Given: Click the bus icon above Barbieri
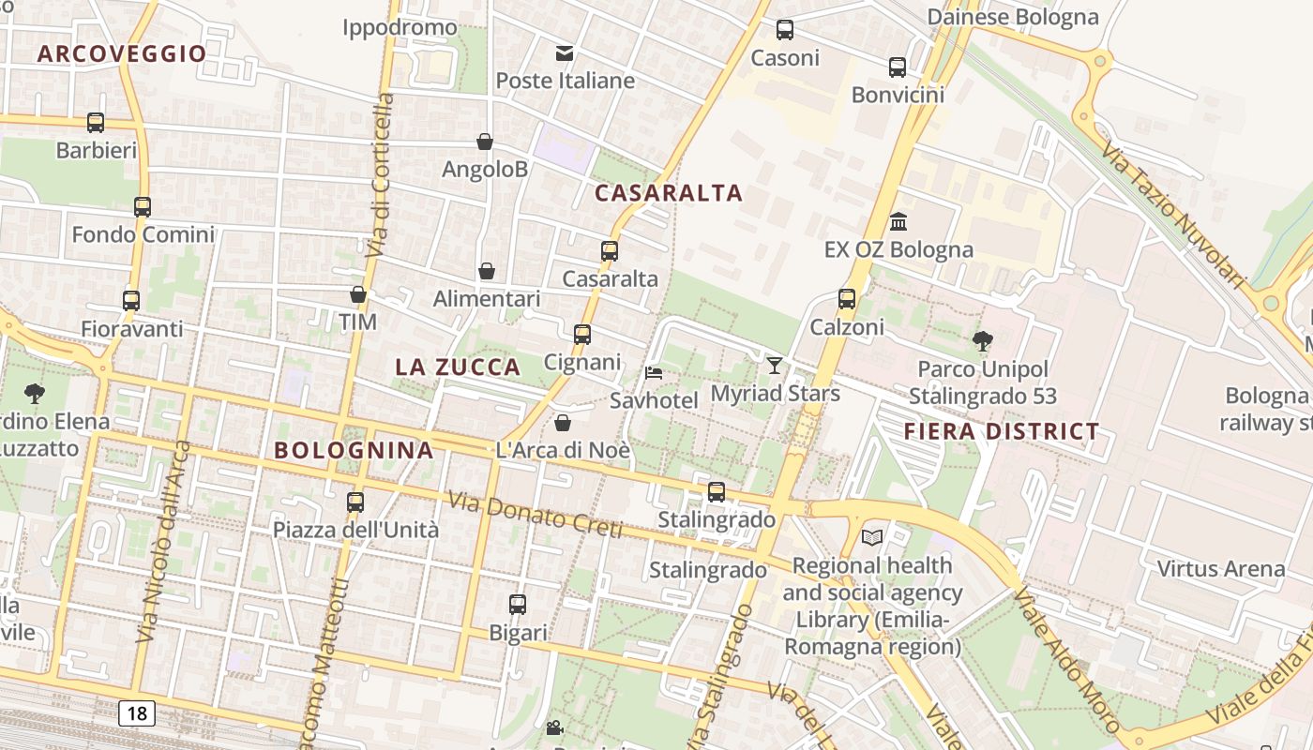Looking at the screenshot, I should (96, 122).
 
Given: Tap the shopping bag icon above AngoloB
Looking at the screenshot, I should (485, 142).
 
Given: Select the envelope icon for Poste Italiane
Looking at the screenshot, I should (565, 53).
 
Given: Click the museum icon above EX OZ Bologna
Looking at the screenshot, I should (898, 221).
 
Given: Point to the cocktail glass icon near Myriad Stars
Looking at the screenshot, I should (775, 365).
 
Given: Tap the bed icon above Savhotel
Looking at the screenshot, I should (654, 372).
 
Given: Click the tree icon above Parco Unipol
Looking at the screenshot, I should (983, 340).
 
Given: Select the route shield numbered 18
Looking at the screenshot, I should (137, 713).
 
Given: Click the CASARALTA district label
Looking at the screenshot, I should (669, 193).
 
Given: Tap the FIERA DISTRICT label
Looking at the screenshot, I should (1002, 431).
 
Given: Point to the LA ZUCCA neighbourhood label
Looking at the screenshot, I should (458, 367).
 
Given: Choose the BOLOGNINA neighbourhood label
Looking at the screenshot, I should (354, 450).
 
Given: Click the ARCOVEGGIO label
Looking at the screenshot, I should (122, 53).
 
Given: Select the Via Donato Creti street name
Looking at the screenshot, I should (536, 516).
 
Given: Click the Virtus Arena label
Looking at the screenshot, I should (1221, 568).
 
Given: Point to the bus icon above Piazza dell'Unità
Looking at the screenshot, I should (355, 502).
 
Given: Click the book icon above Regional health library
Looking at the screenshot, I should (872, 537).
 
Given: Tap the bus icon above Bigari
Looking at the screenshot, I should (518, 605).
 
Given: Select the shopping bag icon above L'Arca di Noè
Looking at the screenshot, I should (563, 423).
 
